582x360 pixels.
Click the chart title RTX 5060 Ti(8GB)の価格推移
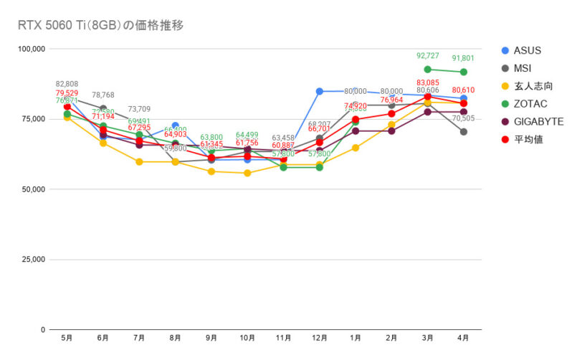pos(100,26)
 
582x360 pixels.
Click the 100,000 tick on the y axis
pos(32,49)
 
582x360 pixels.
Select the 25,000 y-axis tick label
pos(34,260)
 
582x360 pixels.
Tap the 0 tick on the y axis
pos(44,330)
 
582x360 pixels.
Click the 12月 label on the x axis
pos(319,337)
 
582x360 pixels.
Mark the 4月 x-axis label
pos(464,337)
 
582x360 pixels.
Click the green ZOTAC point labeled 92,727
pos(428,70)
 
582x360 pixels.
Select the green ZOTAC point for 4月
pos(464,72)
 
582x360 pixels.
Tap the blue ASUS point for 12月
pos(319,91)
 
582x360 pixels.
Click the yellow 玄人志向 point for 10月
pos(247,173)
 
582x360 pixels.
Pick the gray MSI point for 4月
pos(464,132)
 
